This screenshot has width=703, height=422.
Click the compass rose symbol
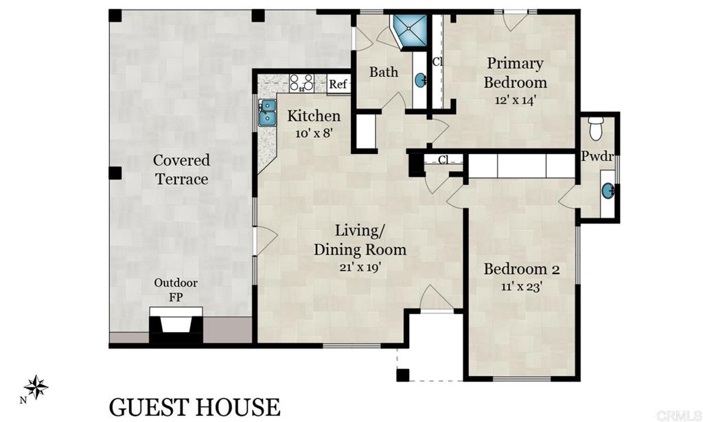(x=36, y=388)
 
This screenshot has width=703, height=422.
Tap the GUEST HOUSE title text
(x=194, y=406)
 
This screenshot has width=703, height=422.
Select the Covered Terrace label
(x=181, y=170)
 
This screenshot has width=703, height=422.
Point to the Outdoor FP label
(x=176, y=290)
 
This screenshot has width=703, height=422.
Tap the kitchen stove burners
(x=301, y=83)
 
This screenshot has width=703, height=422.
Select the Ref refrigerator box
(x=338, y=85)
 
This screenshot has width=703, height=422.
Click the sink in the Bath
(x=419, y=80)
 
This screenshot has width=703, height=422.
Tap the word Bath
(x=384, y=72)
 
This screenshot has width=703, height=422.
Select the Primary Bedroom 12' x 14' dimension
(x=515, y=99)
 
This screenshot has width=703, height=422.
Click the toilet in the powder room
(x=596, y=128)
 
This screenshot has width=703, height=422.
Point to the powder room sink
(x=608, y=190)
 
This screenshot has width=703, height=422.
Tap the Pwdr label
(x=597, y=155)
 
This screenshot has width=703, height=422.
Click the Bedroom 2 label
(x=522, y=269)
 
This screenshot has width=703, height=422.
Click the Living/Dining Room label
(x=360, y=240)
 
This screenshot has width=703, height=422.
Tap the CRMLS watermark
(x=676, y=415)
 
